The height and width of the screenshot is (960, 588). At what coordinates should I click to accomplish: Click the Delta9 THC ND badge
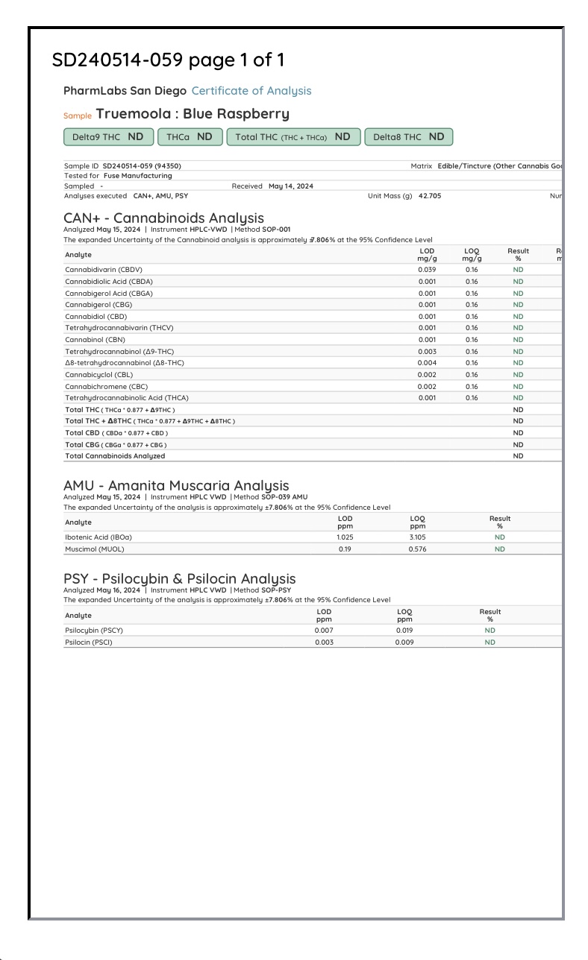coord(109,137)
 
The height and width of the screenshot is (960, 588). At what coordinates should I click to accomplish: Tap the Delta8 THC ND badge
coord(408,137)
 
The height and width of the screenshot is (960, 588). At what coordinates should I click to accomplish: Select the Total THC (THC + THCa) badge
coord(293,137)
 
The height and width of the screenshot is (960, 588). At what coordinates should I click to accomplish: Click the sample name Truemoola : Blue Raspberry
coord(193,114)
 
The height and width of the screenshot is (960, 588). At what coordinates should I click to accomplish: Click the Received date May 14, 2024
coord(291,186)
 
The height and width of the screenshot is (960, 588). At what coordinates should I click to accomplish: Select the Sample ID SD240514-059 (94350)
coord(142,166)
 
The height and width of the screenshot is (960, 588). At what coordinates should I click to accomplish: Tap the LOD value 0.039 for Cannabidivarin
coord(427,270)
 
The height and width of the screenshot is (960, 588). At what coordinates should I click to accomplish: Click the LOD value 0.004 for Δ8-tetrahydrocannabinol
coord(427,363)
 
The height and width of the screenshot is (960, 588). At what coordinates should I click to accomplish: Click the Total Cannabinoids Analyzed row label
coord(115,456)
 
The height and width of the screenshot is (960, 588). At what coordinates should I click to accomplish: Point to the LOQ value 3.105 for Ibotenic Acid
coord(417,537)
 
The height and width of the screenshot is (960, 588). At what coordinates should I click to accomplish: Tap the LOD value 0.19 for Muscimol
coord(345,549)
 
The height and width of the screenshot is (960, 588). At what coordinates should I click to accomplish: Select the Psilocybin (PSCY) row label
coord(94,631)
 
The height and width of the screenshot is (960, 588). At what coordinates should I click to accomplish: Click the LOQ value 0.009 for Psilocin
coord(404,642)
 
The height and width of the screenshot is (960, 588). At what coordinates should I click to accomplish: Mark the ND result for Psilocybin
coord(490,631)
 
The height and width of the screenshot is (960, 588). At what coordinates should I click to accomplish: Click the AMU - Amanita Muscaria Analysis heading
coord(176,486)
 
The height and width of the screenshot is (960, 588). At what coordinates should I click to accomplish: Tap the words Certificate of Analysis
coord(251,91)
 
